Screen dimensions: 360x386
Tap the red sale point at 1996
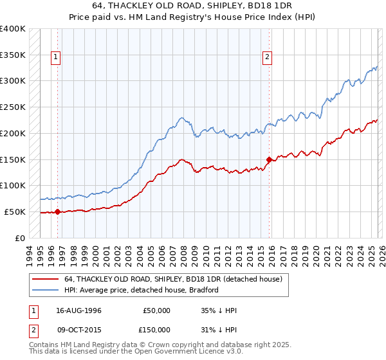tap(57, 212)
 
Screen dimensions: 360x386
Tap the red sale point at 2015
tap(269, 159)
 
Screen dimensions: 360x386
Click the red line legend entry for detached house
tap(172, 280)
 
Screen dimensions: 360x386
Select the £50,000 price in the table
tap(156, 310)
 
